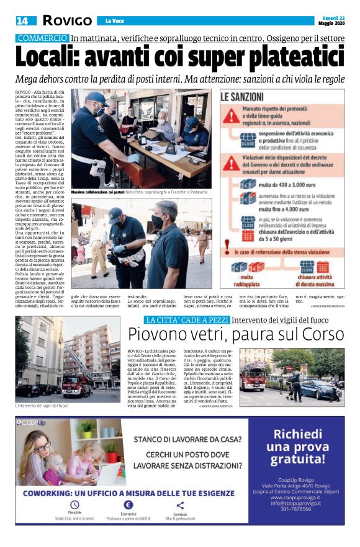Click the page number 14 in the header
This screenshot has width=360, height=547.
point(24,21)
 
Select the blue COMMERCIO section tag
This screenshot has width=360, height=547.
point(42,38)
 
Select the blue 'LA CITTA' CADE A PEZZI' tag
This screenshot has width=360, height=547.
point(187,319)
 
